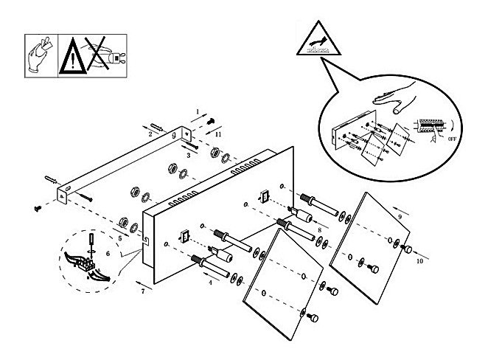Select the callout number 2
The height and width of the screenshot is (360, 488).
pyautogui.click(x=150, y=134)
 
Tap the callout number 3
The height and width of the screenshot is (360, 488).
pyautogui.click(x=189, y=156)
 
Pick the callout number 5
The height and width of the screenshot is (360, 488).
pyautogui.click(x=119, y=238)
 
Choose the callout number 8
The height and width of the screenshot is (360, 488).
pyautogui.click(x=318, y=230)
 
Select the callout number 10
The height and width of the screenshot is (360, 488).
pyautogui.click(x=420, y=260)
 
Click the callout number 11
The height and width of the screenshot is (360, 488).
pyautogui.click(x=218, y=136)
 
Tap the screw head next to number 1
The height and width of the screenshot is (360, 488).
pyautogui.click(x=211, y=120)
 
